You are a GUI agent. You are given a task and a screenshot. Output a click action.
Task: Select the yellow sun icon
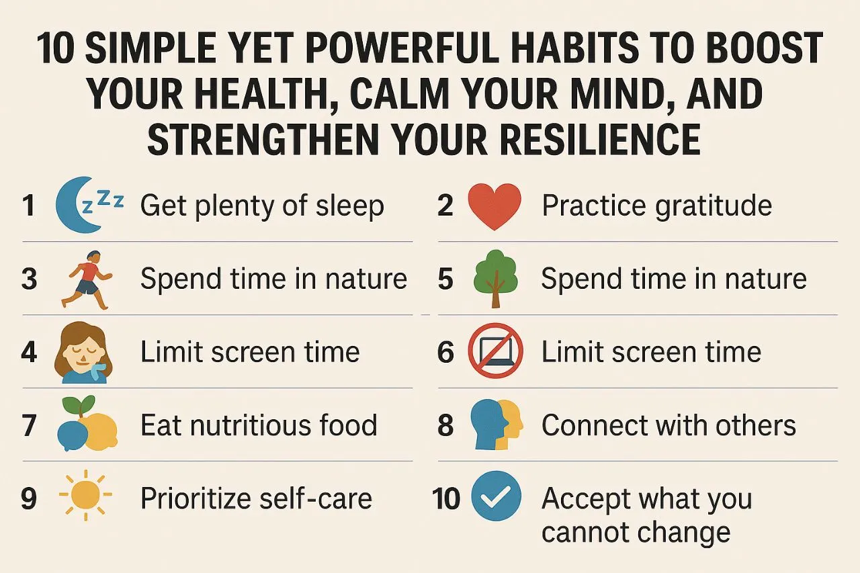[86, 498]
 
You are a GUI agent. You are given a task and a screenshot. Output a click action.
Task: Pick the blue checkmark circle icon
[496, 498]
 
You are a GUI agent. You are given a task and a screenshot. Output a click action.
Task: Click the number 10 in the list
[445, 498]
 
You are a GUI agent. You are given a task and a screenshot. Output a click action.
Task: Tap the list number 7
[29, 426]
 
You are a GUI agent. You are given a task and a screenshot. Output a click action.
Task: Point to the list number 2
[445, 206]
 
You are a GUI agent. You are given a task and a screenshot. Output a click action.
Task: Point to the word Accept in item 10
[585, 499]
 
